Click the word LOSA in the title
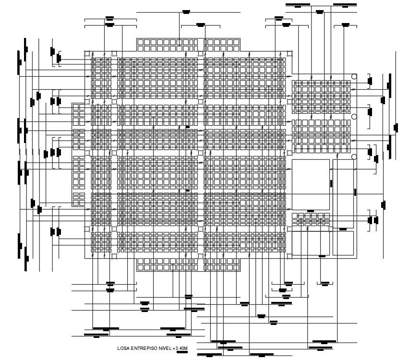123,348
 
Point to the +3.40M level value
180,348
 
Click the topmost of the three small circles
354,76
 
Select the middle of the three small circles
354,117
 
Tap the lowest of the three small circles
354,157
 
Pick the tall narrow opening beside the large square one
343,185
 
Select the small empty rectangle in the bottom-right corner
343,243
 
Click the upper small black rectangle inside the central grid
187,127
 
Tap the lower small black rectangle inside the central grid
187,191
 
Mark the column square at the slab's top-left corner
88,54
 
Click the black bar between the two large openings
331,182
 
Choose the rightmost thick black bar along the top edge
345,5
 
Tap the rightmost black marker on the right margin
396,128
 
